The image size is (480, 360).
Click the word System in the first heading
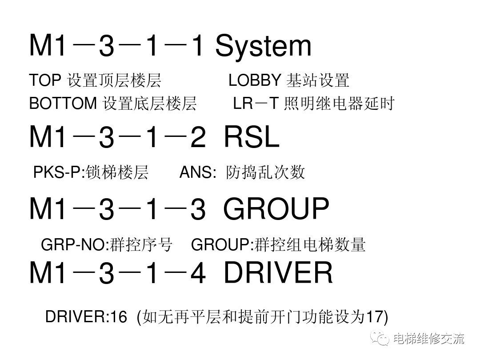263,47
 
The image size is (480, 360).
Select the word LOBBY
255,81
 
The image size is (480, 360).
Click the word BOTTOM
63,104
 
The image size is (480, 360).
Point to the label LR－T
256,104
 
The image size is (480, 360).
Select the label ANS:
197,172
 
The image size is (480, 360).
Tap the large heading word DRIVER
278,273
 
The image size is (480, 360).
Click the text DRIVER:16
80,317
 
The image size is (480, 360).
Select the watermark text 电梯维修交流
428,339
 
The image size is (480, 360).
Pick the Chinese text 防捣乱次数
265,172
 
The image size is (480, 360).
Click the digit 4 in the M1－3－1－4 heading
197,274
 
